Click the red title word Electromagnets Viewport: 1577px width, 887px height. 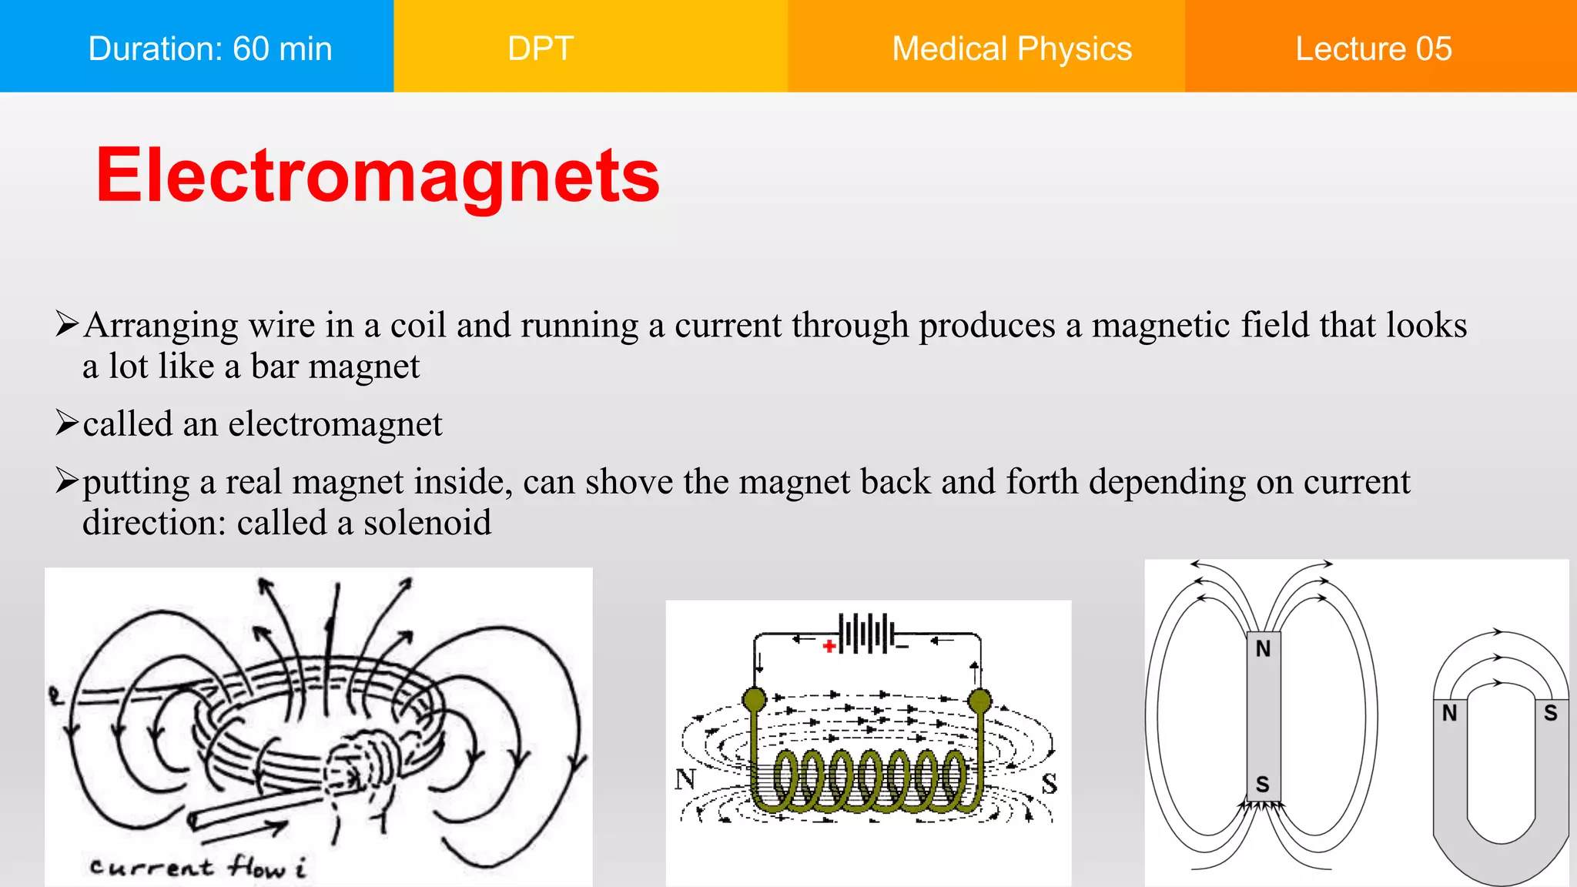tap(377, 176)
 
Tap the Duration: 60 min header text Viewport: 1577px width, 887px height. tap(210, 49)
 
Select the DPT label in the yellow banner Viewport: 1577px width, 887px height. tap(541, 49)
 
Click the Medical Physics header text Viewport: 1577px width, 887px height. tap(1012, 49)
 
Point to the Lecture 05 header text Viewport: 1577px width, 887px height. tap(1374, 49)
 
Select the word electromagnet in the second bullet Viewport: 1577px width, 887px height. tap(335, 424)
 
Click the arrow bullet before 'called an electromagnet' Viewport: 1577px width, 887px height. tap(67, 423)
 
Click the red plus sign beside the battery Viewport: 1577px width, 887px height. tap(829, 646)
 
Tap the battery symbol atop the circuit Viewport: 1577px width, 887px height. tap(868, 634)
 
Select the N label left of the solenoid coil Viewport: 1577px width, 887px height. tap(685, 779)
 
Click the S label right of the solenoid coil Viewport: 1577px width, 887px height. tap(1050, 784)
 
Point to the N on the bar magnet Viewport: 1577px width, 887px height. tap(1263, 649)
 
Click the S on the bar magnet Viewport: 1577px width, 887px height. tap(1263, 785)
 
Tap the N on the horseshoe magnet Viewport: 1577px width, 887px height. tap(1450, 714)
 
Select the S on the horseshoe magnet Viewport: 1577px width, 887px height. tap(1551, 714)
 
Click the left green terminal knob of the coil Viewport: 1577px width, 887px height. tap(755, 700)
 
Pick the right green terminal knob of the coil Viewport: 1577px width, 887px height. tap(979, 701)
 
